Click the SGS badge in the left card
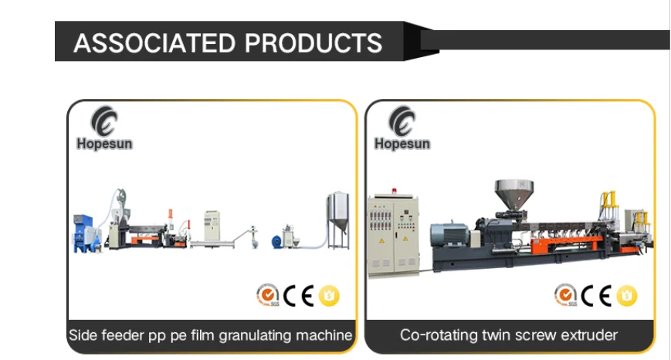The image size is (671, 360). coord(266,295)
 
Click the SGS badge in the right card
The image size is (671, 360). coord(564,295)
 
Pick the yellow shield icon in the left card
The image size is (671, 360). coord(330,294)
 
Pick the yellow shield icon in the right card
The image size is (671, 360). coord(627,294)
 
